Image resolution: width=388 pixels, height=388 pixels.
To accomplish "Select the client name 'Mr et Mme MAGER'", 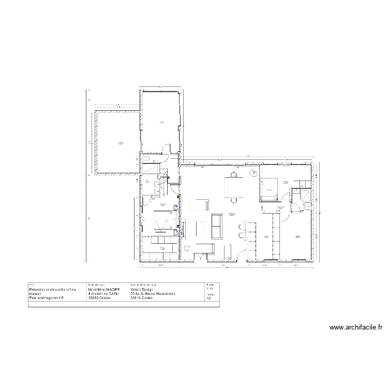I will pos(104,290).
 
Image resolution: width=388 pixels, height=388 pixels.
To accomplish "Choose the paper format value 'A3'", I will pos(208,299).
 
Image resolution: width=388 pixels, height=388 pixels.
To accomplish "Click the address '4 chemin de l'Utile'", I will pos(104,294).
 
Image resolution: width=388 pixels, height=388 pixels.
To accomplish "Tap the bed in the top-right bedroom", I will pos(269,187).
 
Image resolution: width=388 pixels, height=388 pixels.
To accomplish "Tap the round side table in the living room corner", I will pos(186,247).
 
